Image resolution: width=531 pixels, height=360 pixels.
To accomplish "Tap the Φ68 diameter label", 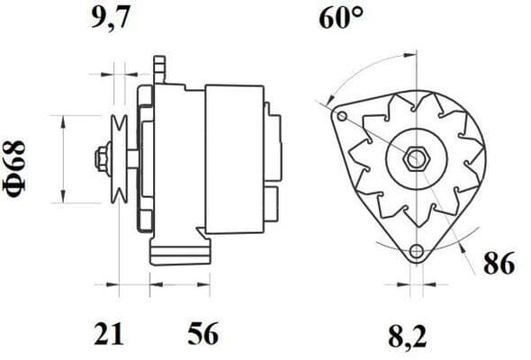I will pos(20,160).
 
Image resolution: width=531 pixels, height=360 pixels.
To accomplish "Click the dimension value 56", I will pos(202,335).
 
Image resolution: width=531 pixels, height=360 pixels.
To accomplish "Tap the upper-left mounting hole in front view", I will pos(341,115).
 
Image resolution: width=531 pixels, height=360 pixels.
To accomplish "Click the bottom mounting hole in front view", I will pos(415,253).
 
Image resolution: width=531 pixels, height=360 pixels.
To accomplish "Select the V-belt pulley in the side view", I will pos(116,160).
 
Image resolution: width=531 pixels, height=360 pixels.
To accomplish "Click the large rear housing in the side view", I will pos(234,159).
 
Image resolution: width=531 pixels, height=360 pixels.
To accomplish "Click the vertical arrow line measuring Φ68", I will pos(61,160).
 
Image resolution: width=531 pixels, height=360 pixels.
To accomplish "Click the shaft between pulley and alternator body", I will pos(131,160).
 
